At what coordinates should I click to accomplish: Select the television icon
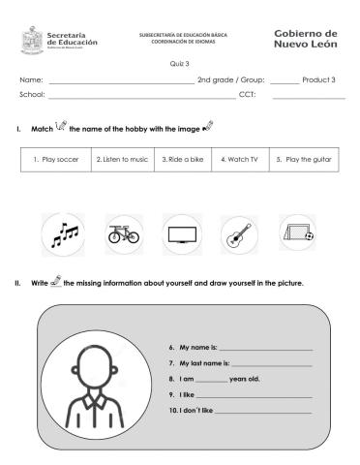coord(181,233)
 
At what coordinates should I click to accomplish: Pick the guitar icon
coord(237,233)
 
